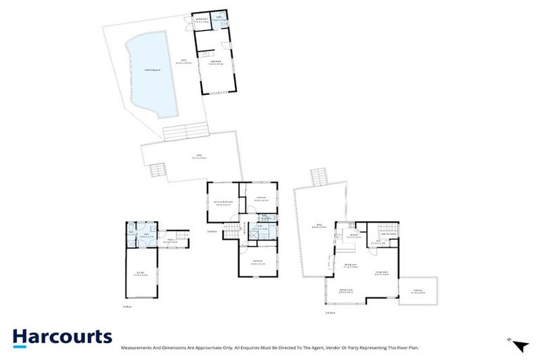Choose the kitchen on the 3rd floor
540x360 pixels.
354,236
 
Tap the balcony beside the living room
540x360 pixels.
418,292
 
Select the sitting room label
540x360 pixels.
346,290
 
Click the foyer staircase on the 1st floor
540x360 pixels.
181,238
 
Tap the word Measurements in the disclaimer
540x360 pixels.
138,347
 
